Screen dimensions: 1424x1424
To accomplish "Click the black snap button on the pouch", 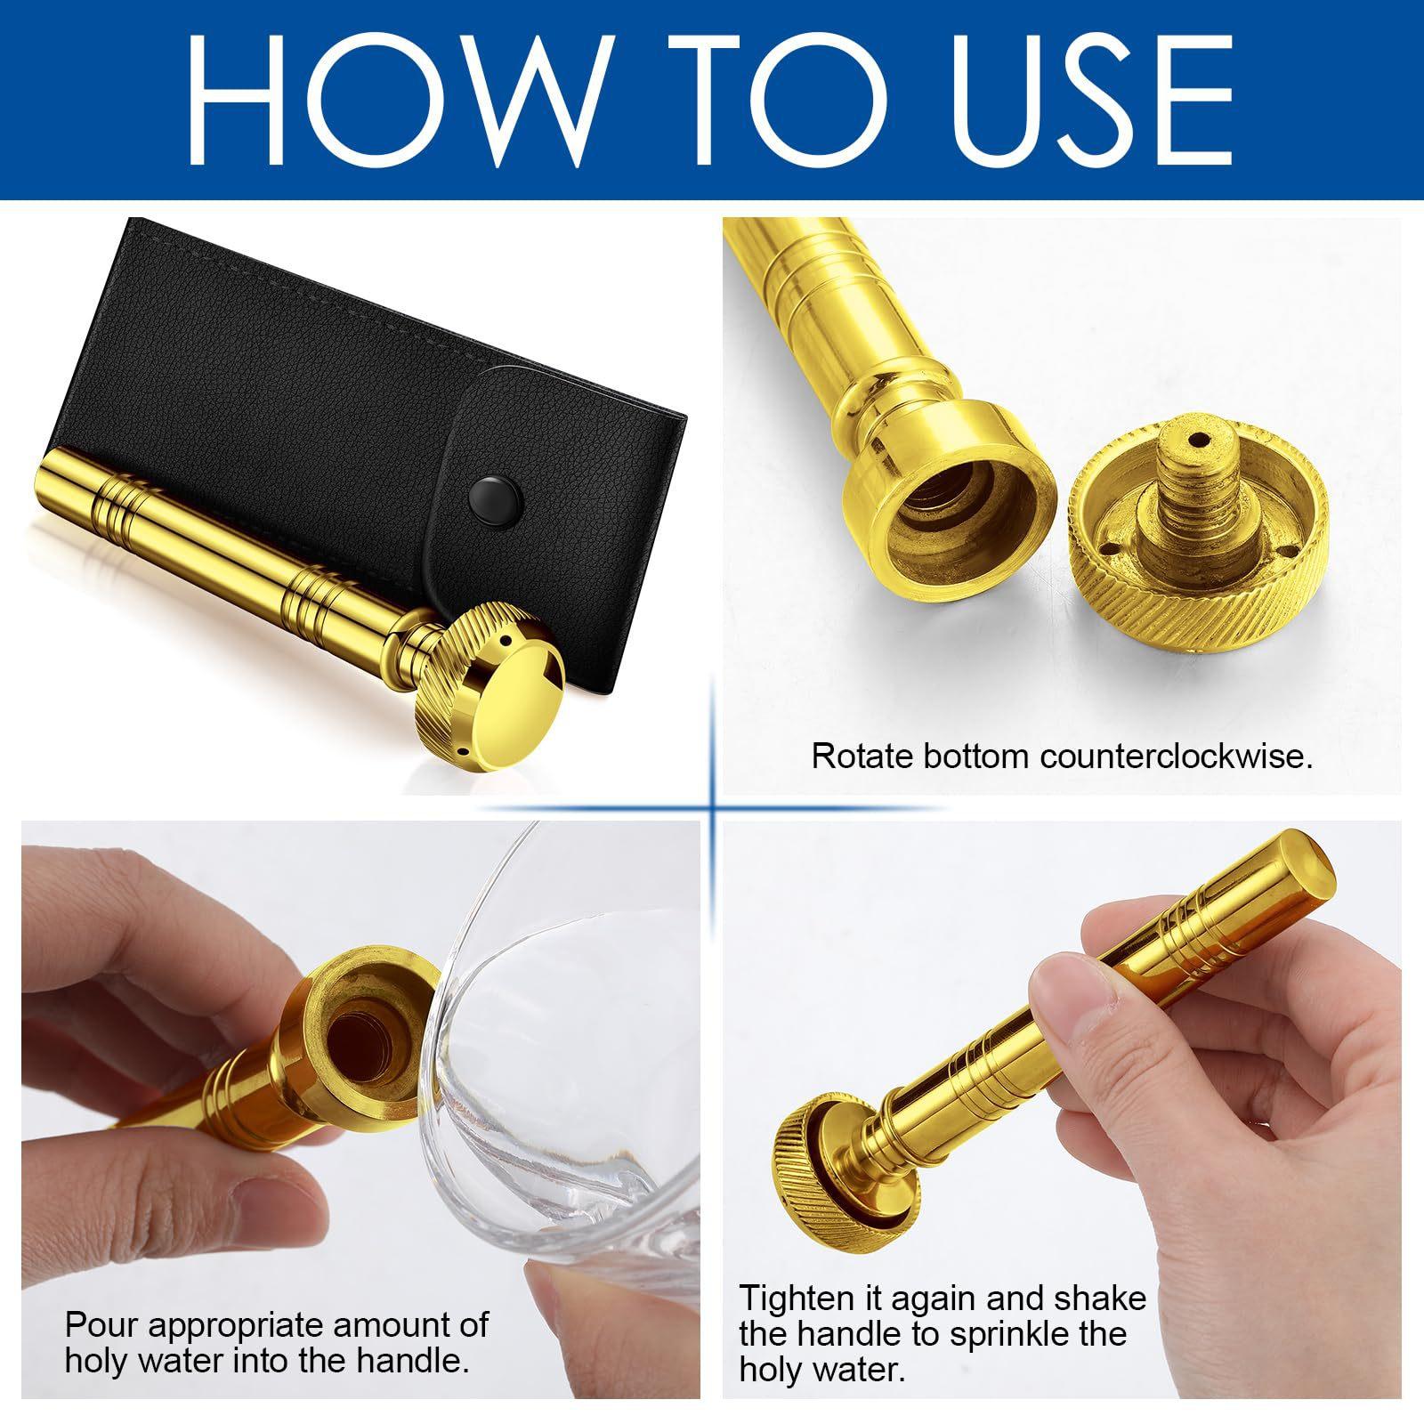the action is coord(489,491).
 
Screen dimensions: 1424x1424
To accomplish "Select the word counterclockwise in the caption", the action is coord(1177,756).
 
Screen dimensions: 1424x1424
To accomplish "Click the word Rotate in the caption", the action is coord(861,756).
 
